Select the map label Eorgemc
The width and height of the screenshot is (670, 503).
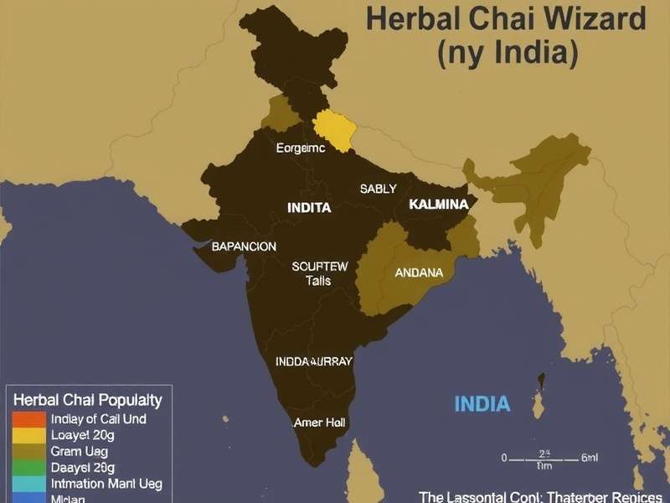point(300,148)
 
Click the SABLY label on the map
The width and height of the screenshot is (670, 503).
point(378,189)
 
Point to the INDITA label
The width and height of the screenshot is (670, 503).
point(309,207)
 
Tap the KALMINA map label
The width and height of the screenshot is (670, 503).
point(438,204)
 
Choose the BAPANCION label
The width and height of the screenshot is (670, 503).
point(244,246)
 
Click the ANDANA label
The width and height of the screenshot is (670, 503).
point(419,272)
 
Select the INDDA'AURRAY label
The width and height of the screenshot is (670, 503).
point(314,361)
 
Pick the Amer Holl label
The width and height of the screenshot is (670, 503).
point(319,423)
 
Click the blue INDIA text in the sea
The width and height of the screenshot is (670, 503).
point(482,404)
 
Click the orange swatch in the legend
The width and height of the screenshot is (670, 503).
point(28,419)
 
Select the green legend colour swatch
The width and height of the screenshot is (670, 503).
point(28,468)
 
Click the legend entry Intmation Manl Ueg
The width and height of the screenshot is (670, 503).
point(106,484)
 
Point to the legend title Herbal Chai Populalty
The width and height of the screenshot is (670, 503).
point(88,400)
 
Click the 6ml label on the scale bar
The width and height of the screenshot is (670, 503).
point(590,459)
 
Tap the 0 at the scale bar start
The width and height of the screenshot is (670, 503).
point(504,459)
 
